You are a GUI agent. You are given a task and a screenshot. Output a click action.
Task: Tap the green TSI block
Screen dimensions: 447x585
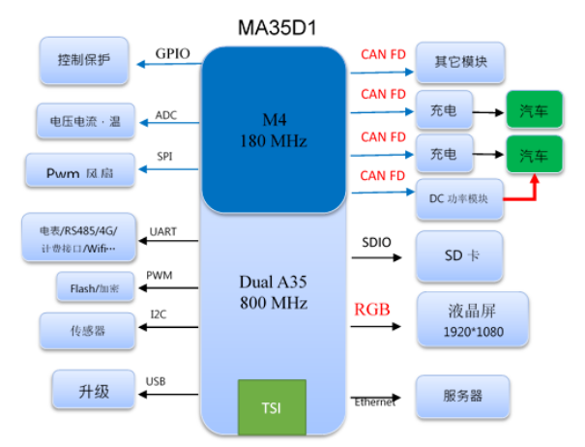(272, 406)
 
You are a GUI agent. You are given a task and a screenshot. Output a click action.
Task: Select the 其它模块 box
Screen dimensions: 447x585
(459, 62)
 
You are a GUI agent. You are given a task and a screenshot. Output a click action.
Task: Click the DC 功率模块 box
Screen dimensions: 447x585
(459, 198)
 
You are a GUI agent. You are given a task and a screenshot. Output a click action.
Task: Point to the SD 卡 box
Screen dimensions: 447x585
(459, 256)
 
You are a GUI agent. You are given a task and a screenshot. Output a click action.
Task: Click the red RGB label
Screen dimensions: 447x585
(372, 310)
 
